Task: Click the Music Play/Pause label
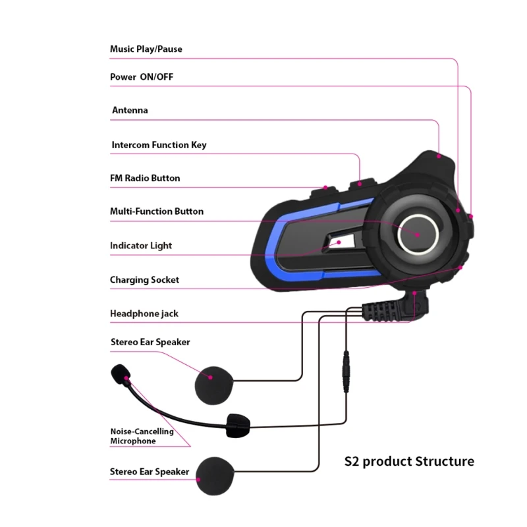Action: point(146,49)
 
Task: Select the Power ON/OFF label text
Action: point(142,77)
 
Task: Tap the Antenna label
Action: point(130,111)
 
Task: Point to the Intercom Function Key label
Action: point(159,145)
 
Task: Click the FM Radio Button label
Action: point(145,179)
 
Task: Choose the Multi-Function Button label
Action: point(157,211)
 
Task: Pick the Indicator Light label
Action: point(141,246)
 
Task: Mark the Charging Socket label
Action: point(144,280)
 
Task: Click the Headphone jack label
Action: point(144,314)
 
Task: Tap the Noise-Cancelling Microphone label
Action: point(142,436)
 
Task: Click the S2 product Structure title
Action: point(409,461)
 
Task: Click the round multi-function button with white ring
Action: point(416,233)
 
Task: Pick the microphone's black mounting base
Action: point(236,426)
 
